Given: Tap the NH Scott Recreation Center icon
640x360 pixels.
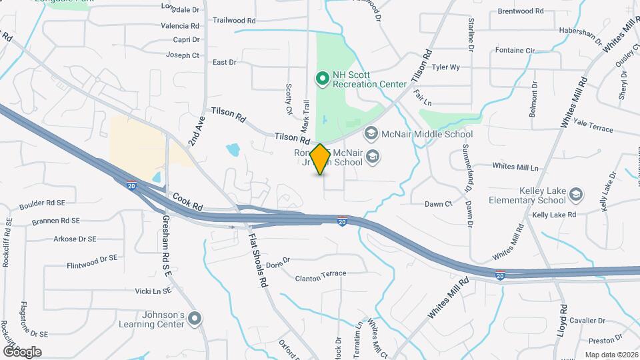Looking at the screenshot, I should [323, 79].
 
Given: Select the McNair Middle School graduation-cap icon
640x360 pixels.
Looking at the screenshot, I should [371, 134].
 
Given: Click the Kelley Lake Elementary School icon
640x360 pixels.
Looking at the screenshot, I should [575, 195].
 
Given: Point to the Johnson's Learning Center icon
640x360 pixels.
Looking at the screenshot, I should [195, 319].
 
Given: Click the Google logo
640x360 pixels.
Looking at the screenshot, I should [22, 351].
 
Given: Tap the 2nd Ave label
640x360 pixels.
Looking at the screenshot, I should [195, 129].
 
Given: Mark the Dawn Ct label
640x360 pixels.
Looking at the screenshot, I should [439, 204].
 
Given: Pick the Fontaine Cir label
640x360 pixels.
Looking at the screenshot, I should [515, 50].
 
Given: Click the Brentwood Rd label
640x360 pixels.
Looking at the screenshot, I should [521, 11].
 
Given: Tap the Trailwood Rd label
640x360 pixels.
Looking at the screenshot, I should [234, 21].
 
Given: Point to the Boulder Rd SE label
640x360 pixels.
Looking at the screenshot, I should [42, 203].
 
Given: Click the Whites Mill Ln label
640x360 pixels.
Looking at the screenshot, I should [515, 166].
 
